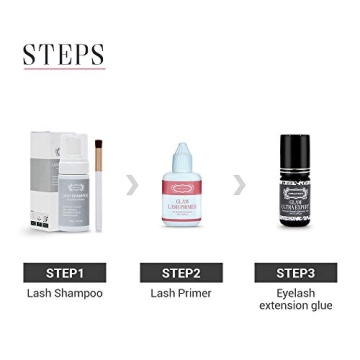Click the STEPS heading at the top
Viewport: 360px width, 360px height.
coord(64,52)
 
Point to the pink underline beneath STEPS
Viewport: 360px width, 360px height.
coord(64,70)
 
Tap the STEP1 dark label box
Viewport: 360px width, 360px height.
coord(65,272)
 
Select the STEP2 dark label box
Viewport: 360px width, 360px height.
coord(181,272)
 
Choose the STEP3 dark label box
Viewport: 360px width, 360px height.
coord(295,272)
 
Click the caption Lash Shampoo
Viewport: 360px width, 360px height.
coord(65,294)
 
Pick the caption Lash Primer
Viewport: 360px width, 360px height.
coord(181,294)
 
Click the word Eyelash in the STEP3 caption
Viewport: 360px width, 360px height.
coord(295,294)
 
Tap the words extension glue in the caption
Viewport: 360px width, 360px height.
coord(295,306)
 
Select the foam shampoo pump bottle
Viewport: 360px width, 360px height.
coord(72,200)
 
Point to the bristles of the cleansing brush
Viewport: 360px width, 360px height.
coord(99,152)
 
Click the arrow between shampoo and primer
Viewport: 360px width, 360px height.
coord(131,183)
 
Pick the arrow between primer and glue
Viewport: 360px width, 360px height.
coord(239,183)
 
